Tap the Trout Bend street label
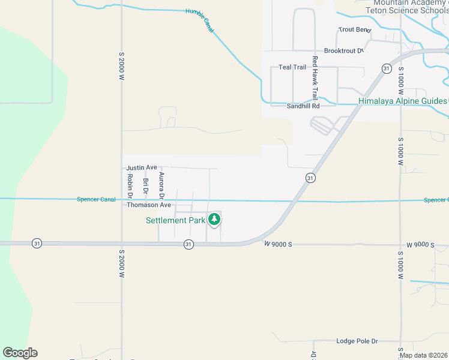(x=355, y=29)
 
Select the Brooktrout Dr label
(x=344, y=51)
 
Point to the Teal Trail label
(x=292, y=67)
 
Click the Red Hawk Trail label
(x=314, y=83)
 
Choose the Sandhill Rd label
(x=303, y=106)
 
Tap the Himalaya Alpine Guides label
(x=402, y=101)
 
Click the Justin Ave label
(x=142, y=167)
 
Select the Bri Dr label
(x=145, y=186)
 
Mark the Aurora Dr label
(x=161, y=185)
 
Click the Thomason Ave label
(x=149, y=205)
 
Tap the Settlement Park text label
(x=176, y=220)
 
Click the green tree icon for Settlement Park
(x=214, y=220)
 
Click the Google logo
(x=20, y=353)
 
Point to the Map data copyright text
(x=423, y=355)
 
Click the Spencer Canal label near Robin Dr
(x=96, y=199)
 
